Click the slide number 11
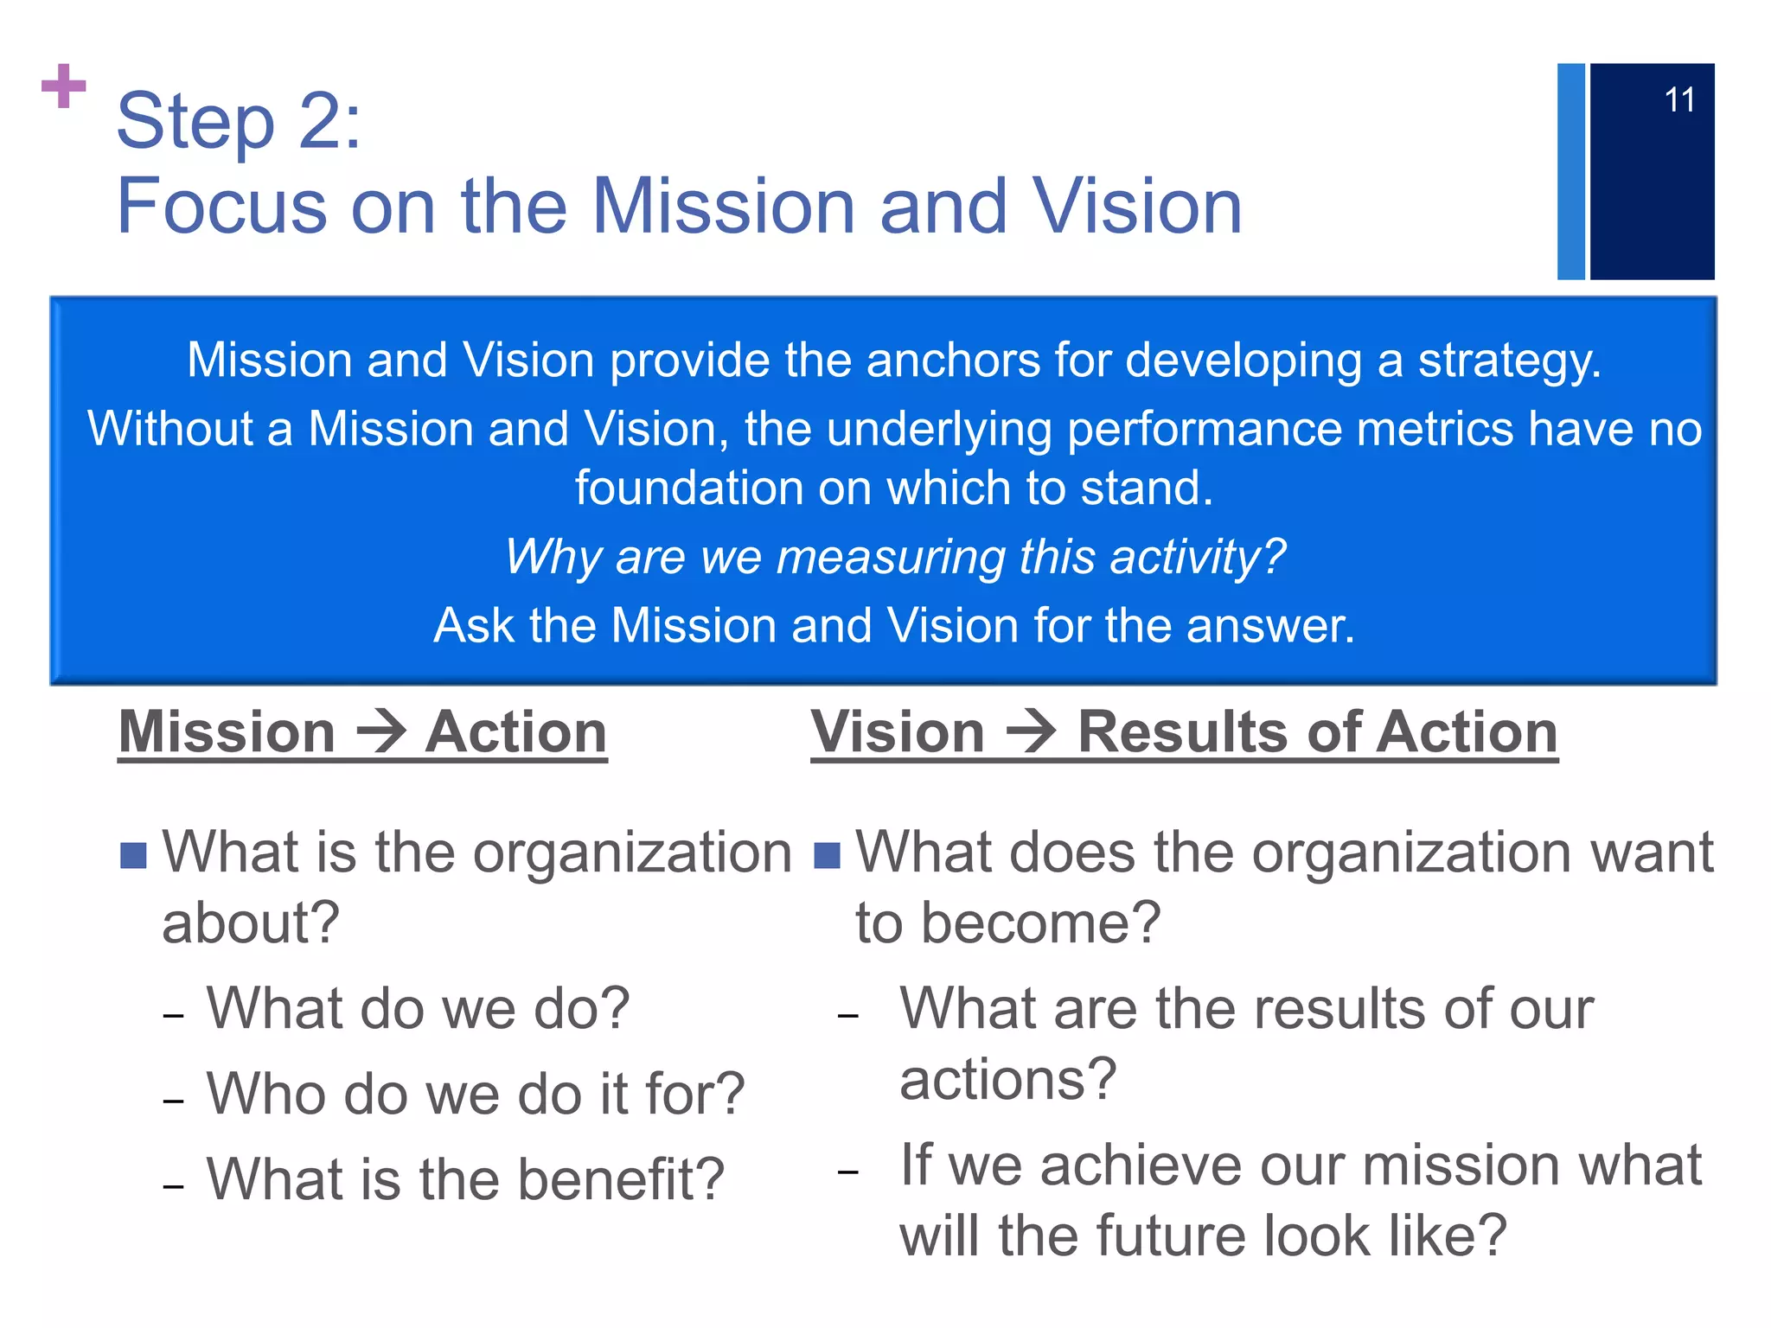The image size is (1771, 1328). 1678,100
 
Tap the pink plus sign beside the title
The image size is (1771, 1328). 64,86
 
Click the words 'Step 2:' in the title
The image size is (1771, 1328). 239,122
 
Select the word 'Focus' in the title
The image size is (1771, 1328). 221,207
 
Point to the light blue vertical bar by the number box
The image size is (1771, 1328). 1570,171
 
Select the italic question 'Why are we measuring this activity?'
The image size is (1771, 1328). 896,556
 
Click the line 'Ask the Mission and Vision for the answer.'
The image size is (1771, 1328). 894,625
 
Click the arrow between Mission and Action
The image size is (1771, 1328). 381,731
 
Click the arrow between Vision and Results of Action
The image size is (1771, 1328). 1031,731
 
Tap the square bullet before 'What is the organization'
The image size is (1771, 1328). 133,855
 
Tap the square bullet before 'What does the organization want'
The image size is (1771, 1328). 827,855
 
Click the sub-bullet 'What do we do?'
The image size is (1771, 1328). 418,1008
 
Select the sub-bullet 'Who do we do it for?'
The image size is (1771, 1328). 475,1094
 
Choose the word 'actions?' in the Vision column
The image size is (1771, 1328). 1008,1080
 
